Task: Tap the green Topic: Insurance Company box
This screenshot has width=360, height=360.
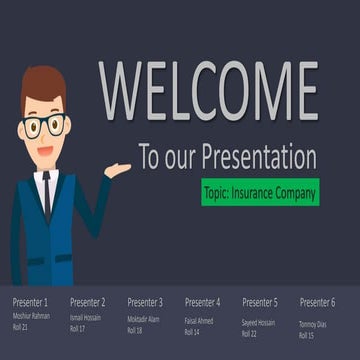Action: click(x=259, y=191)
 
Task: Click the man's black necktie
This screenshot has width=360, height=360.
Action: click(x=46, y=195)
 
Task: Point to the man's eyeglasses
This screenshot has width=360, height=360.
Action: click(x=44, y=127)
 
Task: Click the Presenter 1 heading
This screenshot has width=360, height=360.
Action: click(x=30, y=302)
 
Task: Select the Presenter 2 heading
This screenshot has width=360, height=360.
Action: click(x=88, y=302)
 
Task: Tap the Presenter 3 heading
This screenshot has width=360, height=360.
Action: click(x=145, y=302)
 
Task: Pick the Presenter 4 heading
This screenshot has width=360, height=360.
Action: click(x=203, y=302)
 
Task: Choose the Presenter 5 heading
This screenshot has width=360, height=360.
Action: click(x=260, y=302)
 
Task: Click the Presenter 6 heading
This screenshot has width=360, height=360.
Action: click(x=318, y=302)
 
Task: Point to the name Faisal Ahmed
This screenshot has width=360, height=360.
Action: click(x=199, y=320)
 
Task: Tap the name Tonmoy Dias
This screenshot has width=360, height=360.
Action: click(x=315, y=323)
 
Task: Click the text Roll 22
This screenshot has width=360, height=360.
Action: click(x=250, y=334)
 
